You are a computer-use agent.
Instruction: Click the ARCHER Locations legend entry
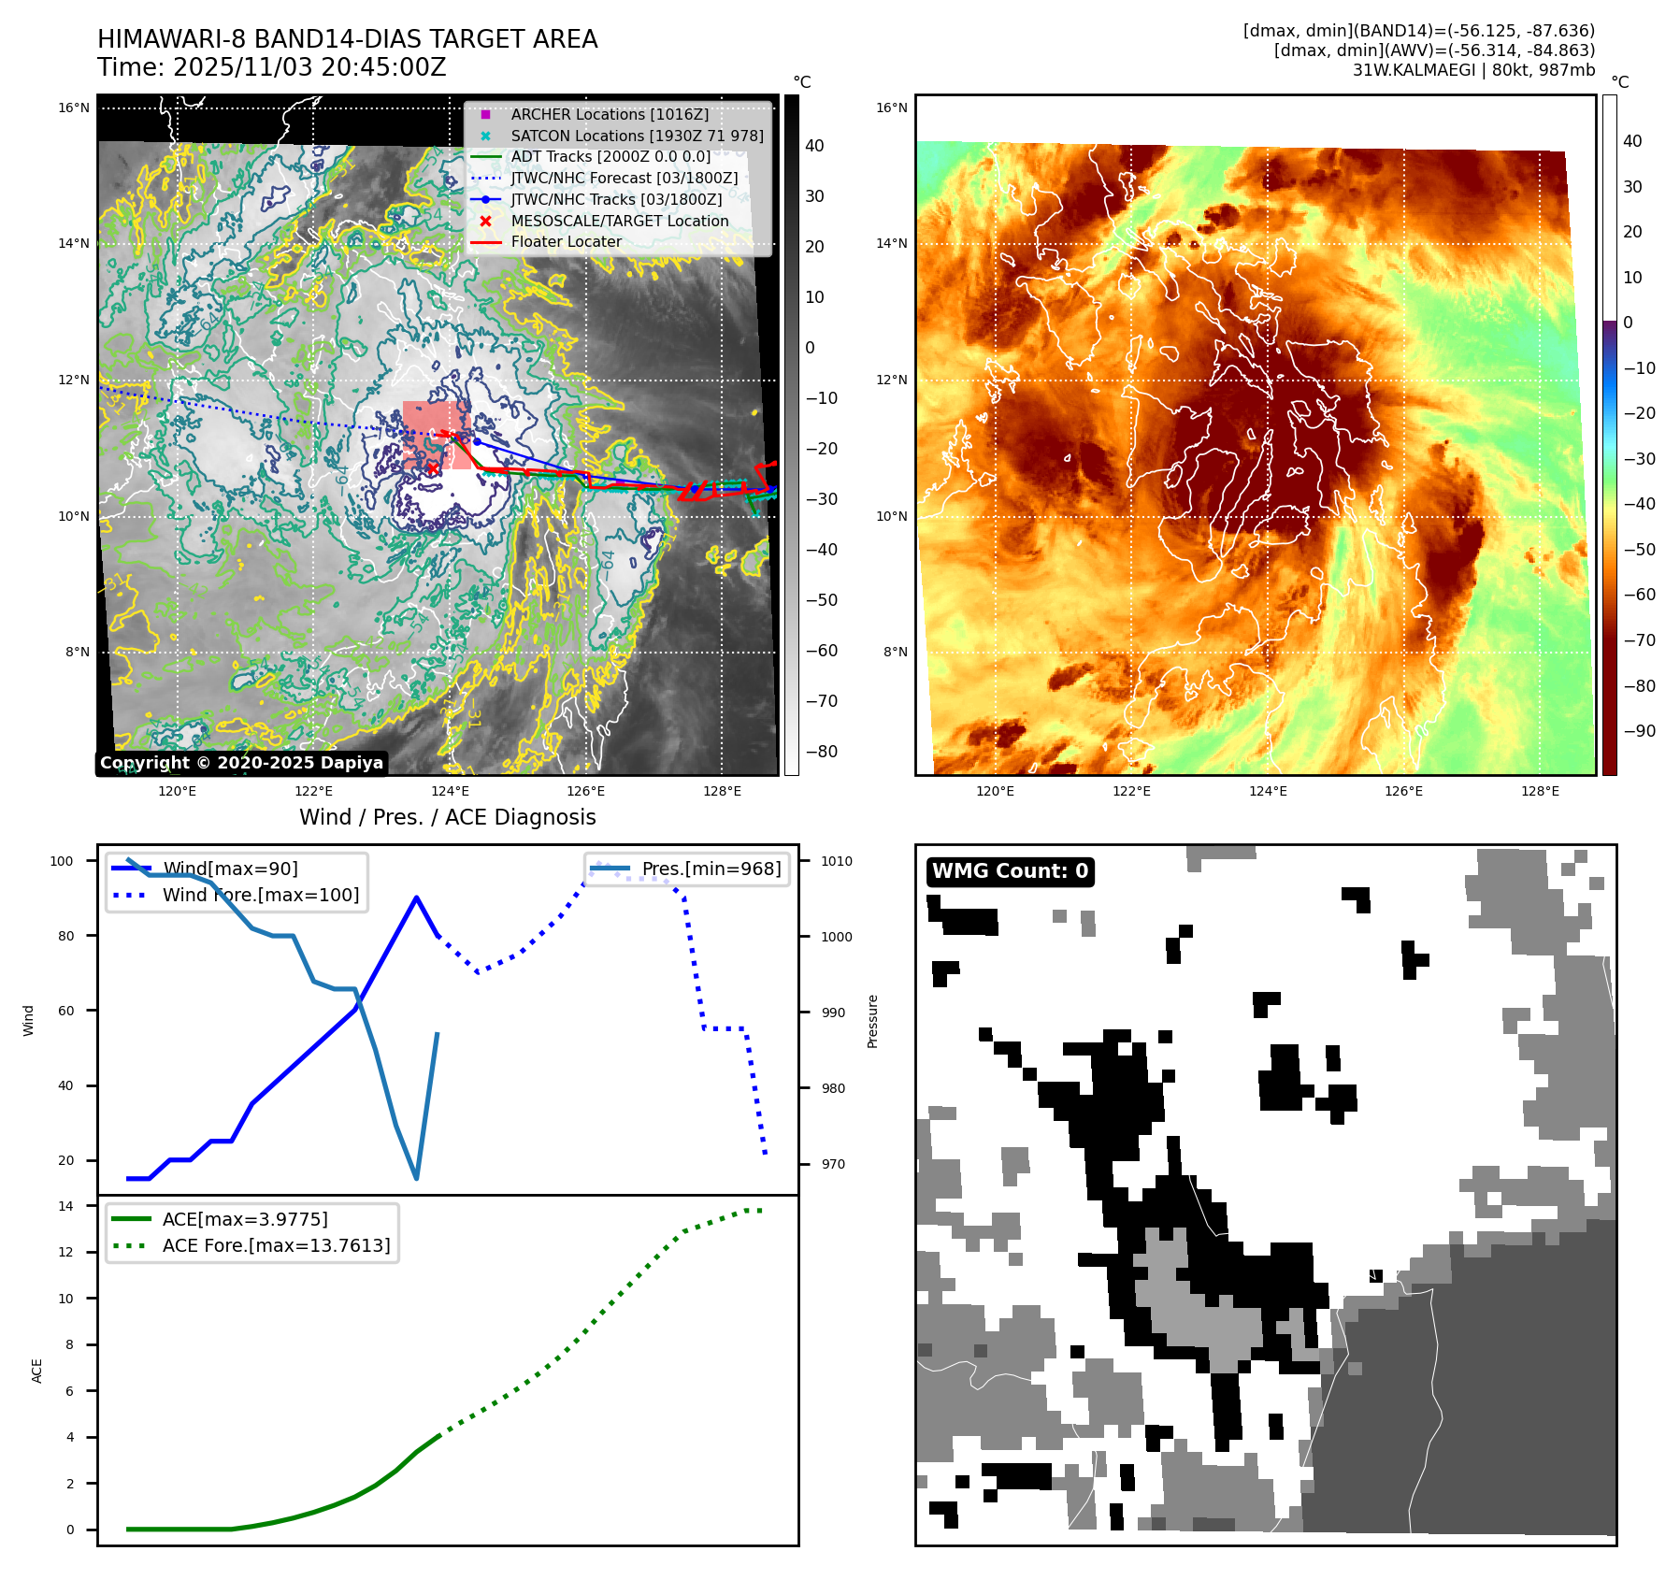(x=610, y=114)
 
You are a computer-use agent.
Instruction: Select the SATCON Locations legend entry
(x=637, y=136)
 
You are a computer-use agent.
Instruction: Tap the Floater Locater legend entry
(x=566, y=241)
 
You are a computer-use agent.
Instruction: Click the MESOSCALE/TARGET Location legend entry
(x=619, y=221)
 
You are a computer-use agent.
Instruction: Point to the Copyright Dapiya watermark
(x=241, y=763)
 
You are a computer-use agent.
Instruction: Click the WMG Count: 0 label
(x=1010, y=871)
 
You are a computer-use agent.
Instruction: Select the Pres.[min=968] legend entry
(x=711, y=869)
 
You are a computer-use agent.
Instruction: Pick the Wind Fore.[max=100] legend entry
(x=260, y=895)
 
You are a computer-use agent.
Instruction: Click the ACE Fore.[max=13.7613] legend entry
(x=276, y=1245)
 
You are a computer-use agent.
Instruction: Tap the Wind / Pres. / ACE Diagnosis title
(x=447, y=817)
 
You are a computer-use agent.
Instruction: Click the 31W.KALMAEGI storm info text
(x=1473, y=70)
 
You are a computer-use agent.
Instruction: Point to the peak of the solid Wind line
(x=416, y=898)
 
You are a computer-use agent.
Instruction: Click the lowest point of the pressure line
(x=416, y=1178)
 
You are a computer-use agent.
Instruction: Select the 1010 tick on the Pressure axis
(x=837, y=861)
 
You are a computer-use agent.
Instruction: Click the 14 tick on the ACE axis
(x=66, y=1206)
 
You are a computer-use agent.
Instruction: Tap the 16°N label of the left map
(x=74, y=108)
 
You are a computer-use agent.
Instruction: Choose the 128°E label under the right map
(x=1540, y=791)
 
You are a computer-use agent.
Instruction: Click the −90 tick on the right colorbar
(x=1639, y=731)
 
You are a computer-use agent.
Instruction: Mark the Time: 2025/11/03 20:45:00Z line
(x=272, y=67)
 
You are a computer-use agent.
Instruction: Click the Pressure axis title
(x=872, y=1021)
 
